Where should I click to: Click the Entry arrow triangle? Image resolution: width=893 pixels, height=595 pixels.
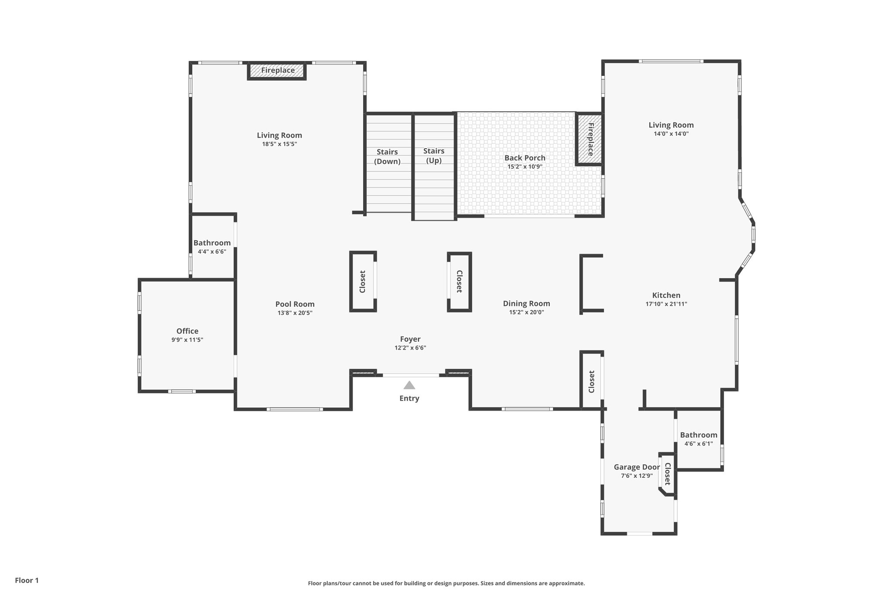pyautogui.click(x=409, y=385)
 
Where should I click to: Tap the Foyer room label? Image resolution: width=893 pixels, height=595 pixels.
pyautogui.click(x=410, y=339)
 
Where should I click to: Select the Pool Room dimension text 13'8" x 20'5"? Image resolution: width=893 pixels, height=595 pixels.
pyautogui.click(x=295, y=313)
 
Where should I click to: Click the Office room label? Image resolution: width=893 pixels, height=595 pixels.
pyautogui.click(x=187, y=331)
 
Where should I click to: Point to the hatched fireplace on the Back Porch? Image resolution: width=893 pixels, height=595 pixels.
pyautogui.click(x=590, y=139)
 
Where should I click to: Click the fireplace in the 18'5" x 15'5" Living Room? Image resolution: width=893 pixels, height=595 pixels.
pyautogui.click(x=277, y=71)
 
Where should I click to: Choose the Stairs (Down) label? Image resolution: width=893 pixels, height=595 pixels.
pyautogui.click(x=387, y=156)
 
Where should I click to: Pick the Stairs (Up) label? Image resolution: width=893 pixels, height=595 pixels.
pyautogui.click(x=434, y=156)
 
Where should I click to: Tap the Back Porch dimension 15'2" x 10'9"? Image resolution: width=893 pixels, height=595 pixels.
pyautogui.click(x=525, y=167)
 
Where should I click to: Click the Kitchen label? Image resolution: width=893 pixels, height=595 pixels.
pyautogui.click(x=666, y=296)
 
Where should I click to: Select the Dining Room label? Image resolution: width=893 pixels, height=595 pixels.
pyautogui.click(x=526, y=303)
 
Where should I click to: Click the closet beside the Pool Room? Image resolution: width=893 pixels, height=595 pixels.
pyautogui.click(x=363, y=282)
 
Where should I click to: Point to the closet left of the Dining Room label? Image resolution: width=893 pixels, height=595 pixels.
pyautogui.click(x=459, y=282)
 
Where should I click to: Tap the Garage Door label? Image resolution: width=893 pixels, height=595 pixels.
pyautogui.click(x=637, y=467)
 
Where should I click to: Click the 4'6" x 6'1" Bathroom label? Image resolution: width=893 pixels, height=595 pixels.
pyautogui.click(x=698, y=435)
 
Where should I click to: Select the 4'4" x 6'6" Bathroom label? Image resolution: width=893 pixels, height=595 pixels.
pyautogui.click(x=212, y=243)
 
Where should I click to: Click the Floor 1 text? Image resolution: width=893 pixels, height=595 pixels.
pyautogui.click(x=27, y=580)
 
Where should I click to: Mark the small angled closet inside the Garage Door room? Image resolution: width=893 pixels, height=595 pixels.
pyautogui.click(x=667, y=474)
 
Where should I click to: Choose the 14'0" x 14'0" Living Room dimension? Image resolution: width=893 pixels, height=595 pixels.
pyautogui.click(x=671, y=134)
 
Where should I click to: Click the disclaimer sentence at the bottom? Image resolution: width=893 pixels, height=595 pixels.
pyautogui.click(x=446, y=583)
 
